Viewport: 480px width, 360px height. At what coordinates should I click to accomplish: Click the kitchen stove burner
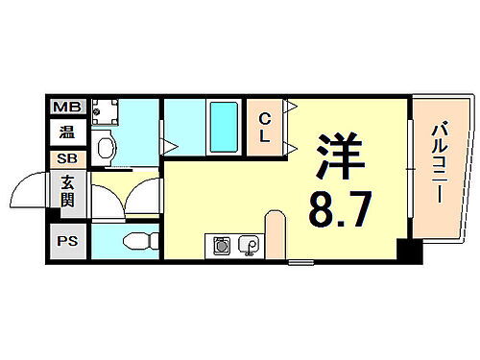pos(220,247)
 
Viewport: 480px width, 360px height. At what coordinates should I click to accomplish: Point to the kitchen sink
pos(249,247)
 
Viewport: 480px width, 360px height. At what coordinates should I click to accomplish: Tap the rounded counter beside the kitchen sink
pos(275,235)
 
